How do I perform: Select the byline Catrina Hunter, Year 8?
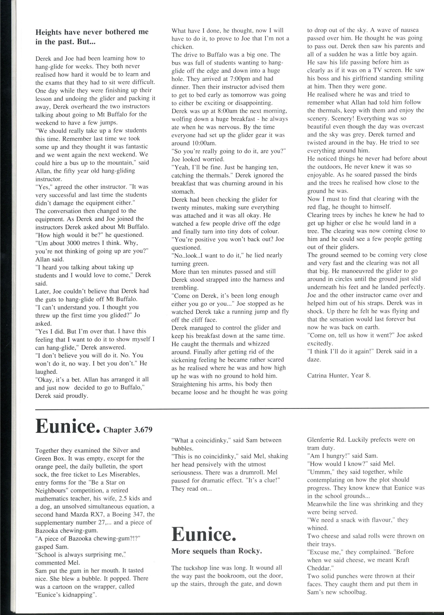pos(339,375)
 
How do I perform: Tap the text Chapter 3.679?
pos(128,430)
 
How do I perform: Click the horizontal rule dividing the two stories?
pos(232,408)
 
